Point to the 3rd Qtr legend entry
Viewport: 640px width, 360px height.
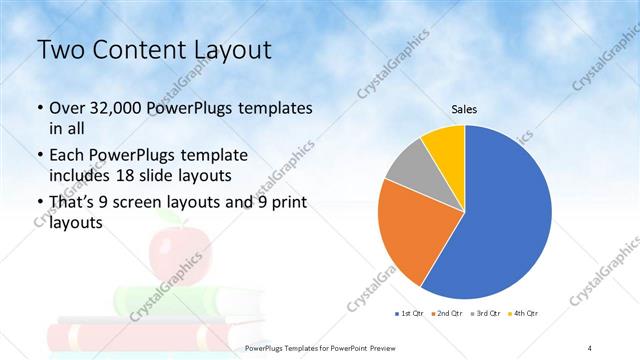tap(486, 314)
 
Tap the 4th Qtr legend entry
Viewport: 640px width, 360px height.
tap(523, 314)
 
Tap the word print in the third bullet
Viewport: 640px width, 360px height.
tap(286, 203)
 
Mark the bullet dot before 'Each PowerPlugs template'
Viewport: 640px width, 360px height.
tap(39, 157)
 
